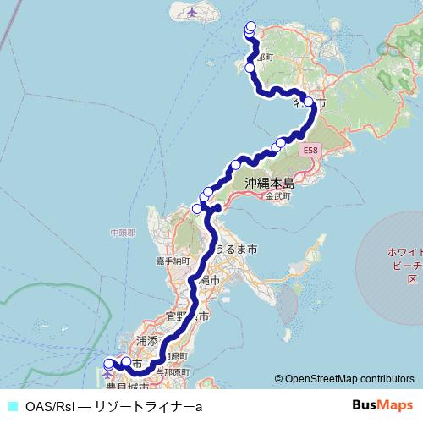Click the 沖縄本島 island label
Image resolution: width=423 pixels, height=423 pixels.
point(269,183)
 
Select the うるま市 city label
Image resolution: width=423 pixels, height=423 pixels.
point(237,250)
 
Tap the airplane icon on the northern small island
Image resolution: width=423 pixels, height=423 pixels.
point(192,13)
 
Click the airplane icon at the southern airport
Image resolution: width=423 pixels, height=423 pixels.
point(107,375)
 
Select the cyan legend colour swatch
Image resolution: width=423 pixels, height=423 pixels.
point(12,406)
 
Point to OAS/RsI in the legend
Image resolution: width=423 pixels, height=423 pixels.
point(51,406)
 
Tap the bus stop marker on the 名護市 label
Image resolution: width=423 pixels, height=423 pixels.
point(309,102)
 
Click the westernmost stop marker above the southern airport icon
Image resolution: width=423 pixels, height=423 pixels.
point(107,365)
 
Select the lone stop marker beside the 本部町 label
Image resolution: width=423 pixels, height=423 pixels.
point(250,68)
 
